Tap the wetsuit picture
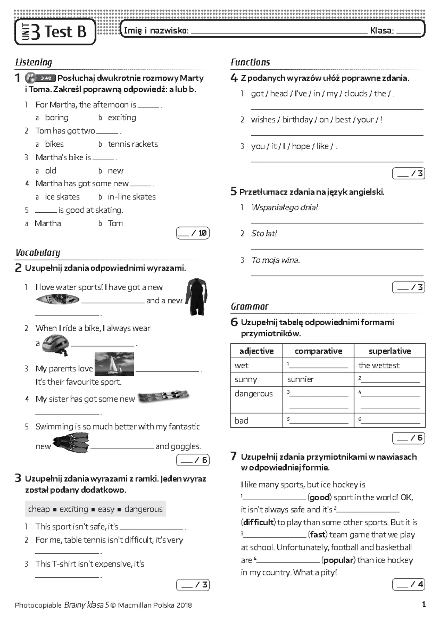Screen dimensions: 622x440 [197, 296]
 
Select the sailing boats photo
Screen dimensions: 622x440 [114, 364]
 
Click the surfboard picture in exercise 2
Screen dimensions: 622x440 [58, 300]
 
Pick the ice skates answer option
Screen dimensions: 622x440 [62, 197]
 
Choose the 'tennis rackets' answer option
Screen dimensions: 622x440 [132, 144]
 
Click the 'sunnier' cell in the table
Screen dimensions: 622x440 [300, 379]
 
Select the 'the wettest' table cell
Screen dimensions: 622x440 [379, 365]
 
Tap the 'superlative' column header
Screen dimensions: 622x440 [389, 351]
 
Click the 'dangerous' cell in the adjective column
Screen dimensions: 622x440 [253, 394]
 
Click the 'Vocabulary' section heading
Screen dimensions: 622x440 [38, 253]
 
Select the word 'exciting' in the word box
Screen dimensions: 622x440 [74, 509]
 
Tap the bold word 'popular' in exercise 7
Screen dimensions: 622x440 [338, 560]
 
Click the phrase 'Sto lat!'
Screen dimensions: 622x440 [264, 233]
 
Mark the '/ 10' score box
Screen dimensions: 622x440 [193, 233]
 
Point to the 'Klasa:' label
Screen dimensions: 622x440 [382, 31]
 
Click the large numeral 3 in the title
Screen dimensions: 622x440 [36, 32]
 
